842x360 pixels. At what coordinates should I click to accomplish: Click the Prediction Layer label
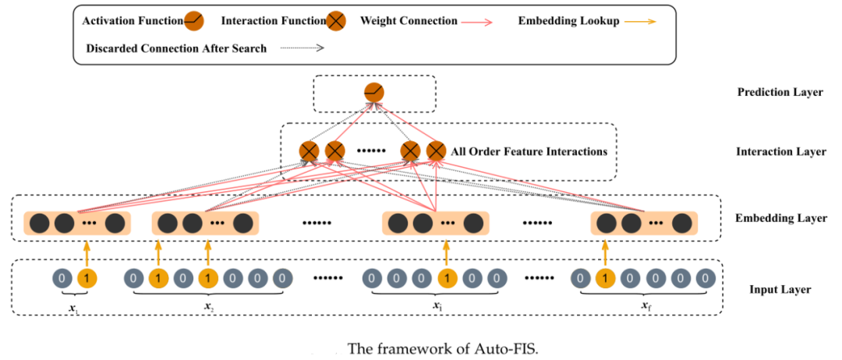pos(780,93)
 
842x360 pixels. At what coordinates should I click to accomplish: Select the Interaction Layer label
pos(780,151)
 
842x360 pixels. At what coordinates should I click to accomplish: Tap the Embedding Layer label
pos(780,217)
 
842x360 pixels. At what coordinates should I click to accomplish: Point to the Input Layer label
pos(779,289)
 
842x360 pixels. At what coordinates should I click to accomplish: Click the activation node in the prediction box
pos(374,93)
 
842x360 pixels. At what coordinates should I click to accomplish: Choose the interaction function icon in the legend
pos(338,21)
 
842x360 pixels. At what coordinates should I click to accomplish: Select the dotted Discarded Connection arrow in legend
pos(300,49)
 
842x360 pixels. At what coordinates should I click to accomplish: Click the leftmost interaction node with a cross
pos(310,151)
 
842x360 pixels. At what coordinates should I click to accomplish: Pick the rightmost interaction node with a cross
pos(436,151)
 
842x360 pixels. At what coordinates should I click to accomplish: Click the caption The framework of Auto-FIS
pos(443,348)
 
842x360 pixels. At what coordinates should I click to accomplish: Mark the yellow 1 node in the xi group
pos(447,278)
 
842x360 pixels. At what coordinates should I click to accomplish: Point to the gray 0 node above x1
pos(62,278)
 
